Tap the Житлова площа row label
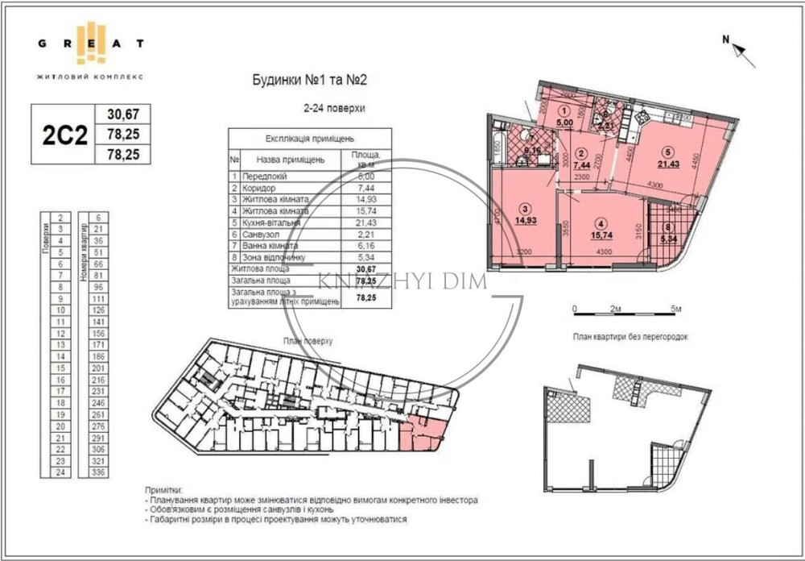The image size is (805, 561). (260, 268)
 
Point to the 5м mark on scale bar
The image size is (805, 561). (675, 309)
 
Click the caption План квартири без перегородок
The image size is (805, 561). (630, 336)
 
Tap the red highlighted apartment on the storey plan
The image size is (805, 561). (423, 435)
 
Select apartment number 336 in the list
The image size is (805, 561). (99, 472)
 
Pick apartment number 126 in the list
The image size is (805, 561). (99, 310)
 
